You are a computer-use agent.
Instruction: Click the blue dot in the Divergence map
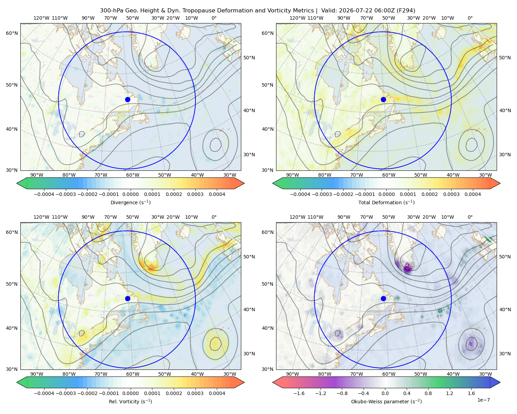tap(128, 100)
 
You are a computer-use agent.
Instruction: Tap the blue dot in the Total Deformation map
tap(383, 100)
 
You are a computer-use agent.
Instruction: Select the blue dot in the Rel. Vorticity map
tap(128, 298)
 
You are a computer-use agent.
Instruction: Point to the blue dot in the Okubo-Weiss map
tap(383, 298)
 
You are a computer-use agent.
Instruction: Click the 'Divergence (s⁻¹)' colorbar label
tap(130, 202)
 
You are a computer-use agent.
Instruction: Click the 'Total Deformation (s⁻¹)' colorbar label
tap(386, 202)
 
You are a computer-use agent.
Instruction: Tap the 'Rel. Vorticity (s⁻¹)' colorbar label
tap(130, 402)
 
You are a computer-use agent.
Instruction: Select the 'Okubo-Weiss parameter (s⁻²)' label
tap(386, 402)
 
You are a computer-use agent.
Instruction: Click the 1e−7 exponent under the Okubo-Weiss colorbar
tap(483, 400)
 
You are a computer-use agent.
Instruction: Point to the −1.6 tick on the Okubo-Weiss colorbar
tap(299, 393)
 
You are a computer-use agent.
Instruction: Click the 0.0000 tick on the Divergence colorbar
tap(130, 194)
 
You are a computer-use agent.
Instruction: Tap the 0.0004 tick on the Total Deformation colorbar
tap(473, 194)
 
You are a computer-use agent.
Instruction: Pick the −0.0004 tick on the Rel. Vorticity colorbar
tap(44, 393)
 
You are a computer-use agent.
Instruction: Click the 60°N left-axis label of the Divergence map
tap(12, 33)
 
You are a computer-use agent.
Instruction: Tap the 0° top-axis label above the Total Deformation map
tap(470, 18)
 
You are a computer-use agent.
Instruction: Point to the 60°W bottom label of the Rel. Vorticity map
tap(133, 374)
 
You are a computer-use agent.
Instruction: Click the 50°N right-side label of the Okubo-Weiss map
tap(505, 257)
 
